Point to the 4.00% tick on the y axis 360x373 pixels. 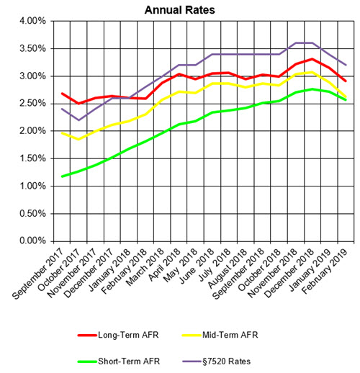click(30, 21)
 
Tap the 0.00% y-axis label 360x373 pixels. click(30, 241)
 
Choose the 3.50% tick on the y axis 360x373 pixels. click(30, 48)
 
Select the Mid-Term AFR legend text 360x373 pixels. click(264, 334)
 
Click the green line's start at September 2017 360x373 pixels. click(63, 176)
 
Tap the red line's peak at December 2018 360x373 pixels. click(311, 59)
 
